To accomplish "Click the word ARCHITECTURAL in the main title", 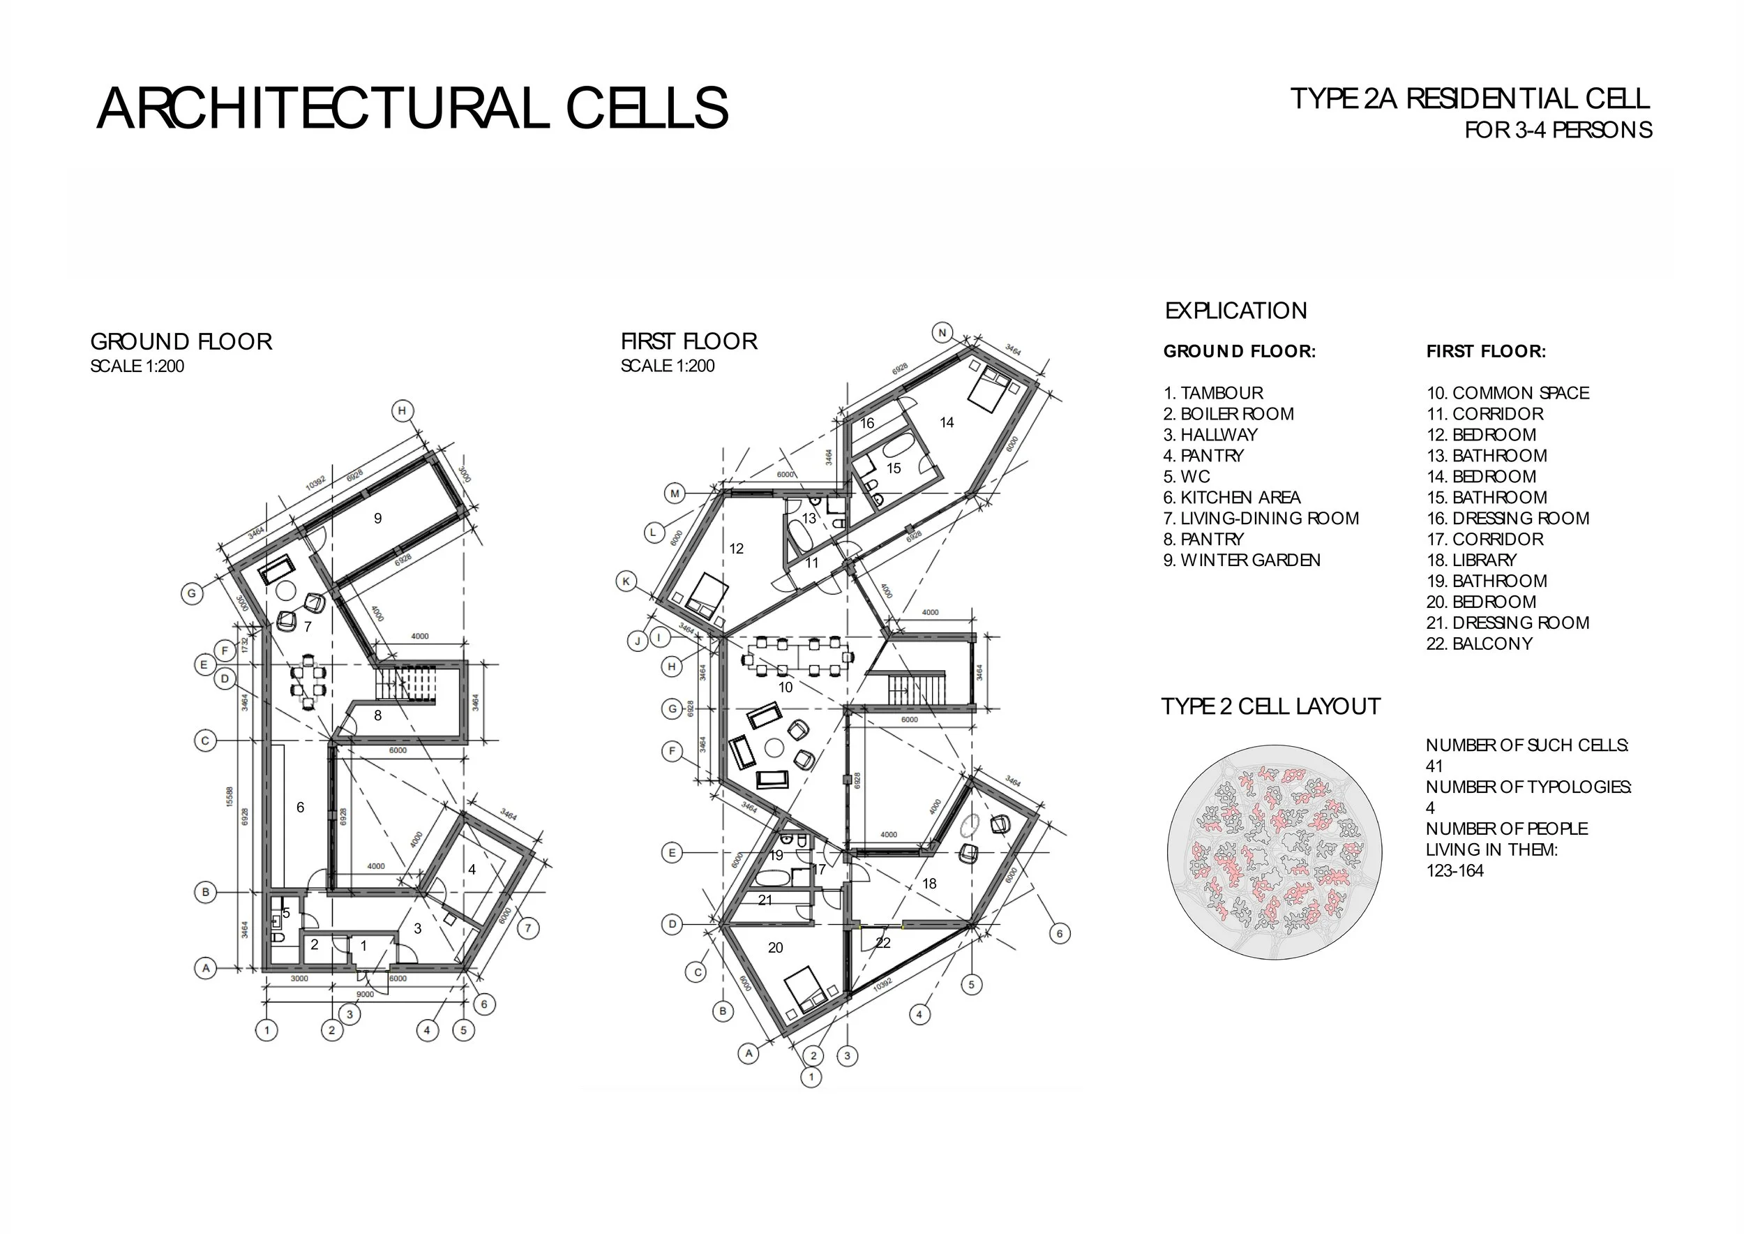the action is (x=323, y=109).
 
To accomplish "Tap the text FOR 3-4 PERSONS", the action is (x=1558, y=130).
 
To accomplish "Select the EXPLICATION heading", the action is (x=1236, y=311).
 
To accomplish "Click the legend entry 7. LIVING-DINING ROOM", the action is (x=1261, y=518).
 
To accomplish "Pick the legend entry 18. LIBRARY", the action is (x=1471, y=560).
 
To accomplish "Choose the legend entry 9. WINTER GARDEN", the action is (x=1242, y=560).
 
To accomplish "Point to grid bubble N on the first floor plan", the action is (x=942, y=333).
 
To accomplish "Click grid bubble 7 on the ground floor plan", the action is (x=529, y=928).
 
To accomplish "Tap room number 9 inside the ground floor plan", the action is (x=377, y=518).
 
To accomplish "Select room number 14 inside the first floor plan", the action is (x=947, y=422).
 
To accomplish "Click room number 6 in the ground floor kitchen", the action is (x=300, y=807).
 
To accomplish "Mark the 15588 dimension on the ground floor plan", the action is (x=230, y=796).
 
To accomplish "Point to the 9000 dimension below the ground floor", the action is (x=366, y=994).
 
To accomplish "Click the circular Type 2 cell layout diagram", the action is (x=1274, y=851).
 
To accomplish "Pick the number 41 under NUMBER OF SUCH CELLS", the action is (x=1434, y=766).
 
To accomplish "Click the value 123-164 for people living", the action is (x=1454, y=871).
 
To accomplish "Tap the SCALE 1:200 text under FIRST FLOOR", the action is (x=668, y=366).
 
